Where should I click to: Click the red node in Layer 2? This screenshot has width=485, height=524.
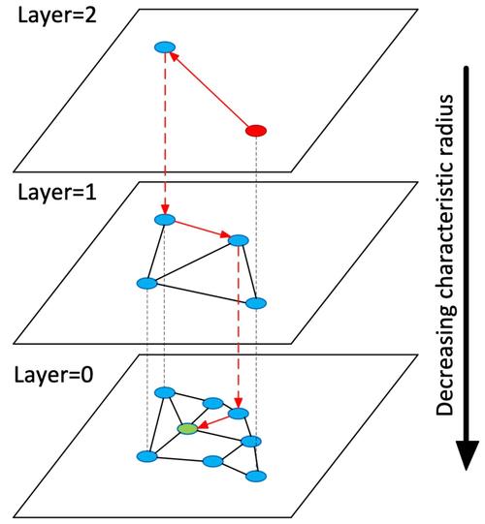pyautogui.click(x=256, y=131)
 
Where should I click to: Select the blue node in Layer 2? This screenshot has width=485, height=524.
pyautogui.click(x=165, y=47)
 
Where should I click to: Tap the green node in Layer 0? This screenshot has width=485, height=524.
pyautogui.click(x=187, y=429)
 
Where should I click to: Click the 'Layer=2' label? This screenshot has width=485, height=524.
pyautogui.click(x=57, y=16)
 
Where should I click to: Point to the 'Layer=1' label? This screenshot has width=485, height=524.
pyautogui.click(x=57, y=193)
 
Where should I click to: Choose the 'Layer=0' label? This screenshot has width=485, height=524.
pyautogui.click(x=53, y=375)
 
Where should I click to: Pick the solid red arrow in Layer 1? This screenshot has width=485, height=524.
pyautogui.click(x=202, y=229)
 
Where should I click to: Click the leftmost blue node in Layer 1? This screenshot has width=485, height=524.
pyautogui.click(x=146, y=284)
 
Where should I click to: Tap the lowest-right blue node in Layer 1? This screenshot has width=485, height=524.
pyautogui.click(x=256, y=303)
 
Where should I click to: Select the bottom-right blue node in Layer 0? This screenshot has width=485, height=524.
pyautogui.click(x=256, y=476)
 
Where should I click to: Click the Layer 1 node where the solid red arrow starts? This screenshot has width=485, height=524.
pyautogui.click(x=165, y=220)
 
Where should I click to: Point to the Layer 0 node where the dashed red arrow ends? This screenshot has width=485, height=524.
pyautogui.click(x=239, y=414)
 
